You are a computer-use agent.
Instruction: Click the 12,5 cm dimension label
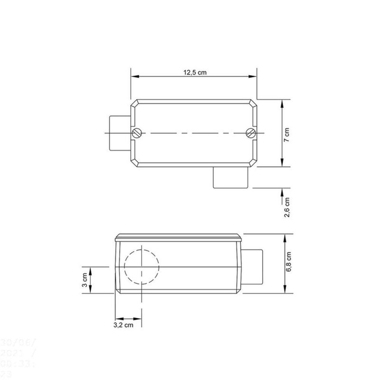coord(195,73)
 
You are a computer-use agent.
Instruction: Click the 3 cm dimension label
coord(85,281)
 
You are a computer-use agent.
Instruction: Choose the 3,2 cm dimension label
coord(123,325)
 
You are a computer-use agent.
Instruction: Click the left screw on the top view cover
coord(138,133)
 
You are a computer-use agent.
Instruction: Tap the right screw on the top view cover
coord(251,133)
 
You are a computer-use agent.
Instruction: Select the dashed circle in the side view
coord(141,266)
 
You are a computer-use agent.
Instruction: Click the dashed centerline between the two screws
coord(194,133)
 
